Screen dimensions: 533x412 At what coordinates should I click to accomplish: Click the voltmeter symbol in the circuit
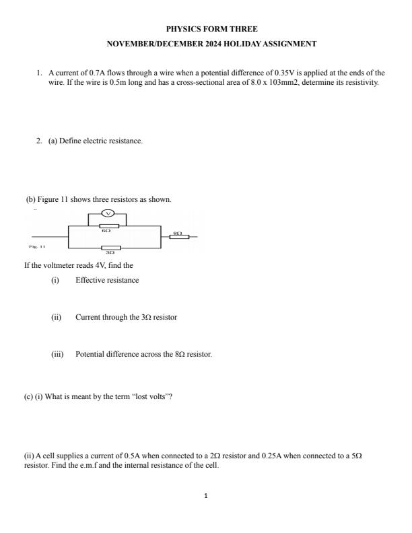click(x=108, y=214)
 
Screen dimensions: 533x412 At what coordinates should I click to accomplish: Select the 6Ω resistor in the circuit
click(x=108, y=225)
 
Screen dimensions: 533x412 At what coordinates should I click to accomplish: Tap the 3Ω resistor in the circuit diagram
click(x=111, y=248)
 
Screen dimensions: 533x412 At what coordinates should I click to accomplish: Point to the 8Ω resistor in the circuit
click(x=178, y=237)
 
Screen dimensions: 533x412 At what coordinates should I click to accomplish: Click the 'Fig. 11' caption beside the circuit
click(x=38, y=246)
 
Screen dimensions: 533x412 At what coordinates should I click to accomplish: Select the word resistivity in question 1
click(x=362, y=82)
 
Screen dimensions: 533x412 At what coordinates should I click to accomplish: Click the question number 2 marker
click(x=40, y=141)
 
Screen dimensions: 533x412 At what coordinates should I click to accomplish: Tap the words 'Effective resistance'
click(x=107, y=280)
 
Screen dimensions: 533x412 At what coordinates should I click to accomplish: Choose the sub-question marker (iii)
click(x=57, y=354)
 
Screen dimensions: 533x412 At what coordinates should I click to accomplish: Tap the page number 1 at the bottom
click(x=206, y=496)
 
